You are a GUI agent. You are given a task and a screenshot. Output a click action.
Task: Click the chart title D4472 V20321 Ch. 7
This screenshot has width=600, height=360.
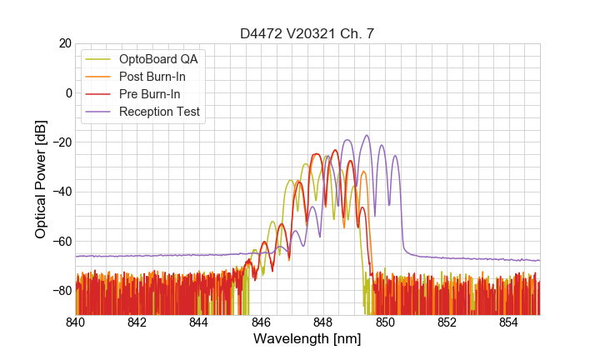pyautogui.click(x=307, y=33)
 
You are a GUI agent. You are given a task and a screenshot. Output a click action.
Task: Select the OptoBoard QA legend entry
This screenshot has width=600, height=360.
pyautogui.click(x=158, y=59)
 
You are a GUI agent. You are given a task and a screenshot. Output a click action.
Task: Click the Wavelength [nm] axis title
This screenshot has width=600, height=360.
pyautogui.click(x=307, y=340)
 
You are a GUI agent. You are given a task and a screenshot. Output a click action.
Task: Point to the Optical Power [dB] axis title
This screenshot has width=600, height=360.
pyautogui.click(x=41, y=179)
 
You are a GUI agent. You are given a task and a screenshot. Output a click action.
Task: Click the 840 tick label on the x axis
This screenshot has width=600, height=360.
pyautogui.click(x=76, y=322)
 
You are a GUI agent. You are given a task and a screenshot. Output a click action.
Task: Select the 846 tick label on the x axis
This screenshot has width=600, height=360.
pyautogui.click(x=261, y=322)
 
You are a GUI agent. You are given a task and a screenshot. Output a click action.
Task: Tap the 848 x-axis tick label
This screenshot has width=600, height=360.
pyautogui.click(x=323, y=322)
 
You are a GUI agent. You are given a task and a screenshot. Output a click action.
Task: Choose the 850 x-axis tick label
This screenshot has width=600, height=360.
pyautogui.click(x=385, y=322)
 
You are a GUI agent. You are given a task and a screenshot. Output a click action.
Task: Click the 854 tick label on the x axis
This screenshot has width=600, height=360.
pyautogui.click(x=508, y=322)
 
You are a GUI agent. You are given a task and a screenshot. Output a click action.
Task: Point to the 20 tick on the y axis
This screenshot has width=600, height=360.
pyautogui.click(x=64, y=43)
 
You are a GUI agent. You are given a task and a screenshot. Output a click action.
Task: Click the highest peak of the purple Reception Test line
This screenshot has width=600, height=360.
pyautogui.click(x=367, y=135)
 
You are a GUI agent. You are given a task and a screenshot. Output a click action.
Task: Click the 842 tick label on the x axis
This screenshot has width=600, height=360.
pyautogui.click(x=137, y=322)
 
